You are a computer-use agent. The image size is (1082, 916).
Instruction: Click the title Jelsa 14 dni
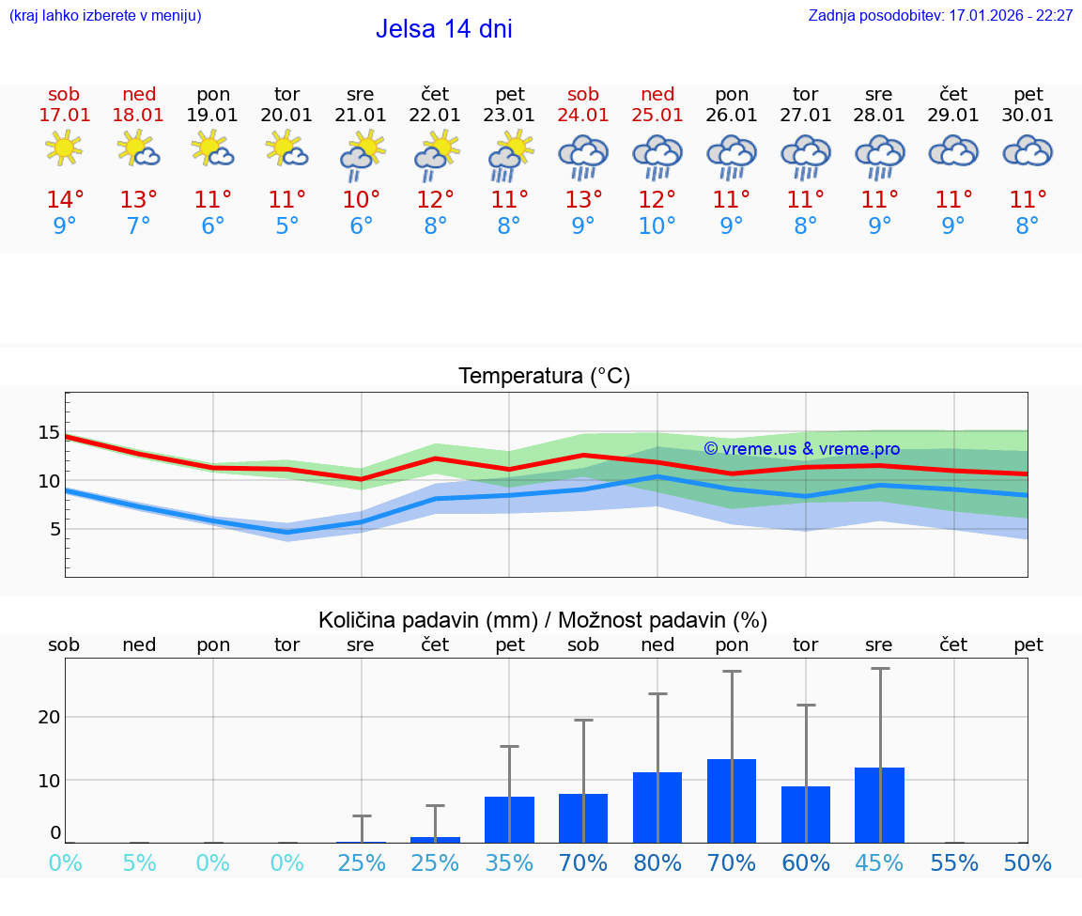pos(443,29)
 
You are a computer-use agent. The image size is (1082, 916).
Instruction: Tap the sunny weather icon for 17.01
pos(64,148)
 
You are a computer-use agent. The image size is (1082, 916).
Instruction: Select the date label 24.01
pos(583,116)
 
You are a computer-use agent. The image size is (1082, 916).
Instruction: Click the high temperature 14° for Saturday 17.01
pos(65,199)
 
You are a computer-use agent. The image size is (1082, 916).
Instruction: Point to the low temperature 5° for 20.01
pos(286,226)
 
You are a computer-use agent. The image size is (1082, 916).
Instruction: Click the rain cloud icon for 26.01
pos(732,157)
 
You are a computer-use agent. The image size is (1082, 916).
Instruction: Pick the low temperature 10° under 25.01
pos(657,226)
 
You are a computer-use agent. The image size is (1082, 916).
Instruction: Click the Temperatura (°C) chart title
pos(544,376)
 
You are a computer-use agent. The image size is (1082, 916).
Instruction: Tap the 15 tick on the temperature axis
pos(49,433)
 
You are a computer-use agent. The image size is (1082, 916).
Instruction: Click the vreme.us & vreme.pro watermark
pos(801,449)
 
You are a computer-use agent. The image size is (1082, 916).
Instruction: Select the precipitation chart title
pos(543,620)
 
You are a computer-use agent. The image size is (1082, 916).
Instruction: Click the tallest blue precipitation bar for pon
pos(732,800)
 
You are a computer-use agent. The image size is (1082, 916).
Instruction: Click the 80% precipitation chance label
pos(657,862)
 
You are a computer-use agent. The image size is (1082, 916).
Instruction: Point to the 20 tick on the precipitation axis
pos(49,717)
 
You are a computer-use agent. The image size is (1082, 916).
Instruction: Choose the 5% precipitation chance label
pos(139,862)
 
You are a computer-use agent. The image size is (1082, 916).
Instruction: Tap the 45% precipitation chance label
pos(880,862)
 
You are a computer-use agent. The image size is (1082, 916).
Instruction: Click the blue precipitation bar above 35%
pos(509,819)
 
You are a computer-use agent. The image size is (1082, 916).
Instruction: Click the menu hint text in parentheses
pos(105,16)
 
